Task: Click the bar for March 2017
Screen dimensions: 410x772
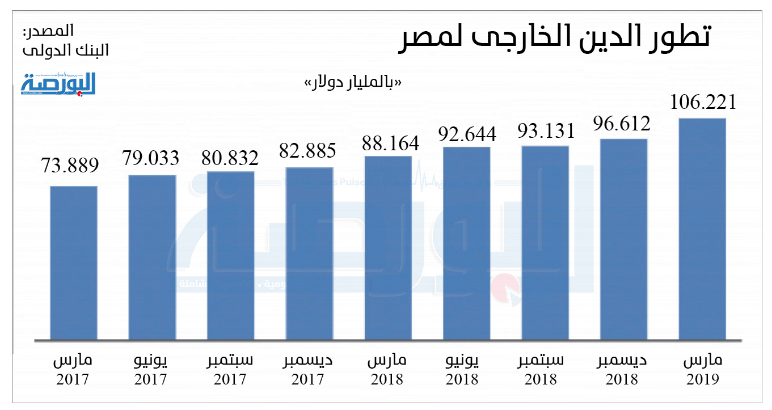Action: [x=73, y=263]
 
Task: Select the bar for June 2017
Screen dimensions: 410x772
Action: [x=152, y=258]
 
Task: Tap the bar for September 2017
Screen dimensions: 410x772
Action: [x=231, y=256]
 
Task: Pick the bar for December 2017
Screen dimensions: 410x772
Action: [x=309, y=254]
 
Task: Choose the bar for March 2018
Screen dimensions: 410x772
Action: [x=388, y=248]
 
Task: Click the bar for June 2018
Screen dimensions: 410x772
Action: [x=466, y=244]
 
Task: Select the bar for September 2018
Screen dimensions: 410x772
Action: [x=545, y=243]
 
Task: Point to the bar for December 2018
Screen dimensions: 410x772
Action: [x=623, y=239]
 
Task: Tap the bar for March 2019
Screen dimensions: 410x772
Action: [x=702, y=230]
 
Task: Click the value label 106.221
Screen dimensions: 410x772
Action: [x=703, y=103]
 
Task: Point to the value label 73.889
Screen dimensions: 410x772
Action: [x=70, y=166]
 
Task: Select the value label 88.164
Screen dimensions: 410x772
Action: [x=390, y=143]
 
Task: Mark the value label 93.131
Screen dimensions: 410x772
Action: [x=546, y=131]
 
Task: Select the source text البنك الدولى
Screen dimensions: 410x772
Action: [x=66, y=50]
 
